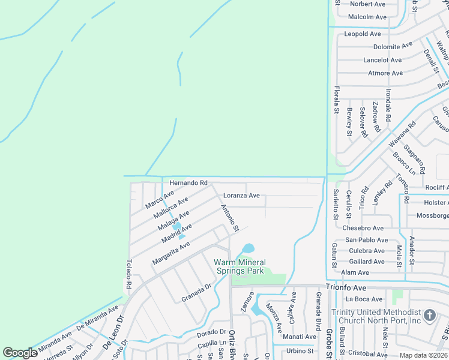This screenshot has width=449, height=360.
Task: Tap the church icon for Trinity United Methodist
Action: (430, 315)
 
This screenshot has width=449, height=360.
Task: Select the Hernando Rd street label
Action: (188, 182)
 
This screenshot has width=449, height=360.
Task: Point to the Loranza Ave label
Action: (241, 196)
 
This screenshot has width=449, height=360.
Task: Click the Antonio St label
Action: (230, 218)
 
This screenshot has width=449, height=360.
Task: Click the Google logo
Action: (20, 353)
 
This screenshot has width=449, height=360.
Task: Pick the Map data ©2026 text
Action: (423, 355)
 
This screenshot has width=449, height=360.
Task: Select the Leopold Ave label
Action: (363, 34)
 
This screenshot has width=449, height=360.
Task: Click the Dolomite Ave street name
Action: (393, 46)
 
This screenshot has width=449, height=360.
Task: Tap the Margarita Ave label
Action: (171, 253)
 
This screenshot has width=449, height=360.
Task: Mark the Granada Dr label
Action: (197, 293)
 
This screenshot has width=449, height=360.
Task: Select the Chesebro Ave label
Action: (363, 229)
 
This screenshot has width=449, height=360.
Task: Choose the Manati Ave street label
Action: (300, 337)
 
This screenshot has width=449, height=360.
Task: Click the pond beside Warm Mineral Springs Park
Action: (248, 248)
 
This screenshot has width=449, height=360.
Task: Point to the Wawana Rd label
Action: (402, 135)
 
